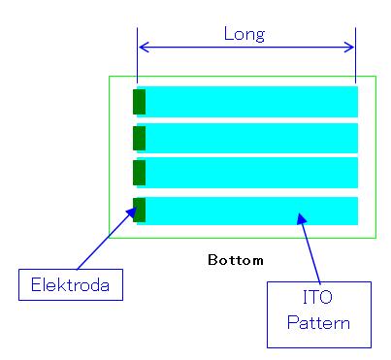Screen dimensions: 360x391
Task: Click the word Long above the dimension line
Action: tap(244, 34)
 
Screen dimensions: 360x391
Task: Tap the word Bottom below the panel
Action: tap(236, 261)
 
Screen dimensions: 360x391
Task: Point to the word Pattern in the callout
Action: tap(319, 321)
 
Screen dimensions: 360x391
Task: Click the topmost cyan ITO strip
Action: tap(250, 101)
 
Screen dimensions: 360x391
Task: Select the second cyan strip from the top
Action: tap(250, 137)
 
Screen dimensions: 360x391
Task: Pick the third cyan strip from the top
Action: tap(250, 173)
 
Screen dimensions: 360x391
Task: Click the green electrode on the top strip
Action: tap(139, 101)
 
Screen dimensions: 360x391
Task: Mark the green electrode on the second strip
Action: tap(139, 137)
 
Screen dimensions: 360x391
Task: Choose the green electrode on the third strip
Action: tap(139, 173)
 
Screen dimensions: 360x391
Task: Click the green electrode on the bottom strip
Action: tap(139, 210)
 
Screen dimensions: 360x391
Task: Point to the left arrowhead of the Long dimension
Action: tap(143, 46)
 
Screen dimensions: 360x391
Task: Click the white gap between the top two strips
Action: tap(250, 119)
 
